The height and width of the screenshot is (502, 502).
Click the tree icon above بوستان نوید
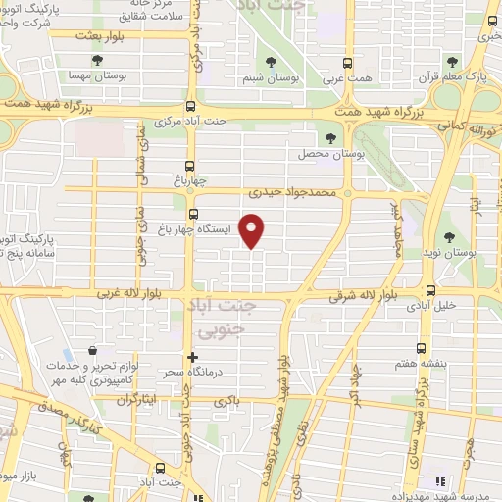[x=450, y=236]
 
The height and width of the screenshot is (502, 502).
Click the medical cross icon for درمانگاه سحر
[x=192, y=358]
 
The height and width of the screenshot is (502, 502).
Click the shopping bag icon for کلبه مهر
[x=91, y=350]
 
